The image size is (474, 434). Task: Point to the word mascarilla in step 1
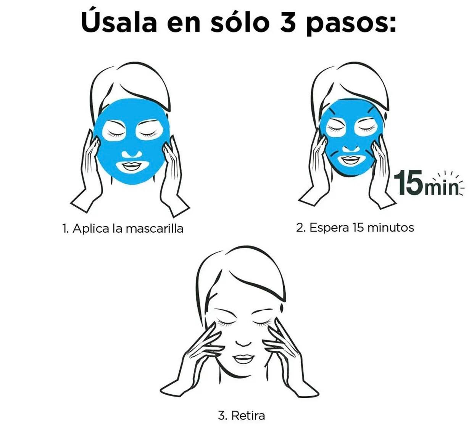tap(155, 228)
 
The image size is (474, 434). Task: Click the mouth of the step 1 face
tap(132, 166)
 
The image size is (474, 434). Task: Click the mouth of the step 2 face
tap(350, 159)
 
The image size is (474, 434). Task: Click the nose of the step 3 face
tap(244, 343)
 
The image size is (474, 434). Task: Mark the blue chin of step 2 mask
tap(350, 170)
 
